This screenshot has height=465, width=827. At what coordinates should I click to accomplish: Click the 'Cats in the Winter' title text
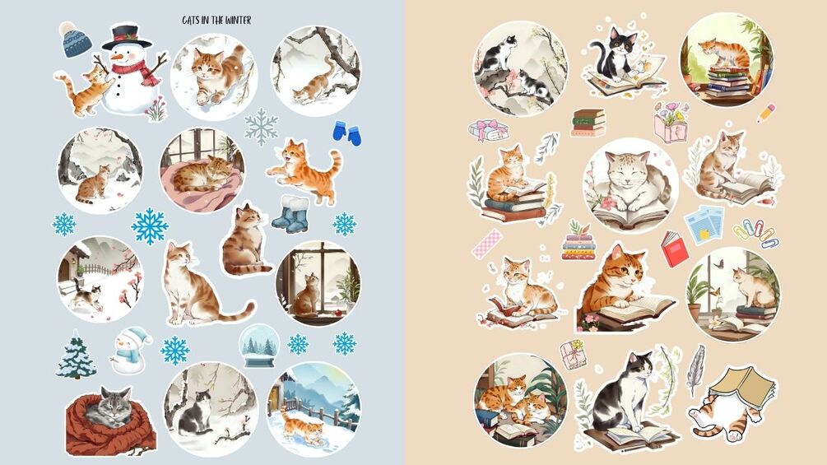(x=216, y=20)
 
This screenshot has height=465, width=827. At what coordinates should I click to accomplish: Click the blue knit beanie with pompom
(x=75, y=40)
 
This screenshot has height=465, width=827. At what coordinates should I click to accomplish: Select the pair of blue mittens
(x=347, y=133)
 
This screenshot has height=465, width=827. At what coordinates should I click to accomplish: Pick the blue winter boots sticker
(x=291, y=214)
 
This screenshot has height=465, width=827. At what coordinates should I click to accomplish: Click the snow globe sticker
(x=258, y=346)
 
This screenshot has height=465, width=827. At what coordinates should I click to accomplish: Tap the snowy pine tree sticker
(x=76, y=355)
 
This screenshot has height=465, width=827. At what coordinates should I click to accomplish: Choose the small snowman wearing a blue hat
(x=129, y=350)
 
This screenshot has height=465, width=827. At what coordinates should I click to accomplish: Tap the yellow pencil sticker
(x=766, y=114)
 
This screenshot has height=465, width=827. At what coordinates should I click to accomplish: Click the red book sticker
(x=675, y=249)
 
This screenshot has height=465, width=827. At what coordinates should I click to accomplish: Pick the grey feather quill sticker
(x=696, y=370)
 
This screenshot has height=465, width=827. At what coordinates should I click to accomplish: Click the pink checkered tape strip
(x=487, y=243)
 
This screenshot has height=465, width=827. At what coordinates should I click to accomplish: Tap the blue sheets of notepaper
(x=704, y=224)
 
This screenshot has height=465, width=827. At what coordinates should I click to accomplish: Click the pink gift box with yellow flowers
(x=574, y=354)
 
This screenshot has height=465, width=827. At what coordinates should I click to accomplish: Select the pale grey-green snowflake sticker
(x=261, y=127)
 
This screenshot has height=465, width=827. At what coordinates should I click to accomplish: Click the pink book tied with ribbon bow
(x=488, y=131)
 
